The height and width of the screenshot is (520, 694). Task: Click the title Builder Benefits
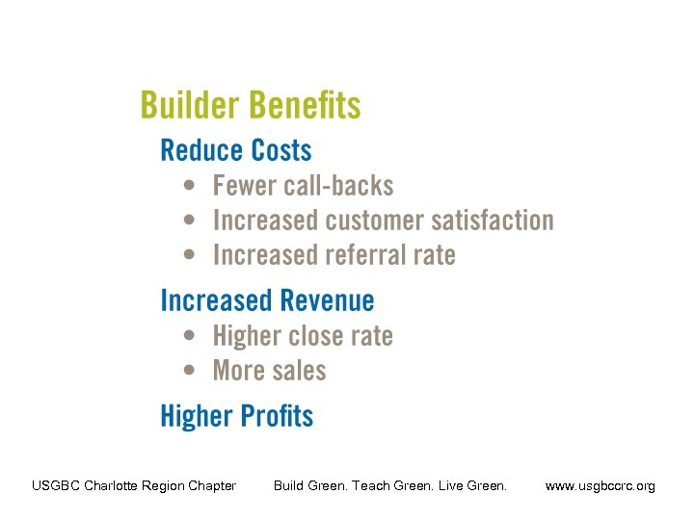pyautogui.click(x=251, y=105)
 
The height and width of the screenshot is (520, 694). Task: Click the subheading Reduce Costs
pyautogui.click(x=236, y=150)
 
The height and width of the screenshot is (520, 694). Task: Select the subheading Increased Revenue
pyautogui.click(x=267, y=300)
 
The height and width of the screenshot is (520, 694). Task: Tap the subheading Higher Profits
pyautogui.click(x=236, y=416)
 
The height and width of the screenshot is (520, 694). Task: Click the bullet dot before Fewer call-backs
pyautogui.click(x=192, y=186)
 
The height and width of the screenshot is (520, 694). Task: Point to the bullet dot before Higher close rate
pyautogui.click(x=192, y=336)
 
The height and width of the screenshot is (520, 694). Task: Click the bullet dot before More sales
pyautogui.click(x=192, y=371)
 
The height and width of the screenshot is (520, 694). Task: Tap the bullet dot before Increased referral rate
pyautogui.click(x=192, y=255)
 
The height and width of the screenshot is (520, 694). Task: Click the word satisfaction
pyautogui.click(x=492, y=221)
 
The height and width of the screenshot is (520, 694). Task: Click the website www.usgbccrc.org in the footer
pyautogui.click(x=600, y=486)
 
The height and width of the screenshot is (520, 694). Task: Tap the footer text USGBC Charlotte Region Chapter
pyautogui.click(x=134, y=486)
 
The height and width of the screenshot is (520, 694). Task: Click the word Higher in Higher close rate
pyautogui.click(x=245, y=336)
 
